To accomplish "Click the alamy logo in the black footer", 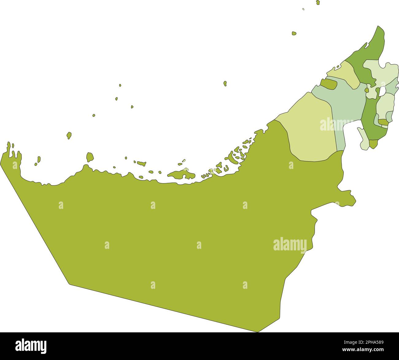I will (x=31, y=346).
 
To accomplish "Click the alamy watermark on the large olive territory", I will (x=290, y=245).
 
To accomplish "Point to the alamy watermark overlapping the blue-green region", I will (x=336, y=124).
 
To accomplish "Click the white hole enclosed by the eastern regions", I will (x=382, y=91).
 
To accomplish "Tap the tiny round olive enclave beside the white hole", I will (x=367, y=90).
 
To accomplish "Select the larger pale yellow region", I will (x=310, y=129).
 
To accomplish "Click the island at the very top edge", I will (x=318, y=2).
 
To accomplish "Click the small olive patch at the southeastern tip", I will (x=373, y=143).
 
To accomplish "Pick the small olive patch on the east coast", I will (x=383, y=122).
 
